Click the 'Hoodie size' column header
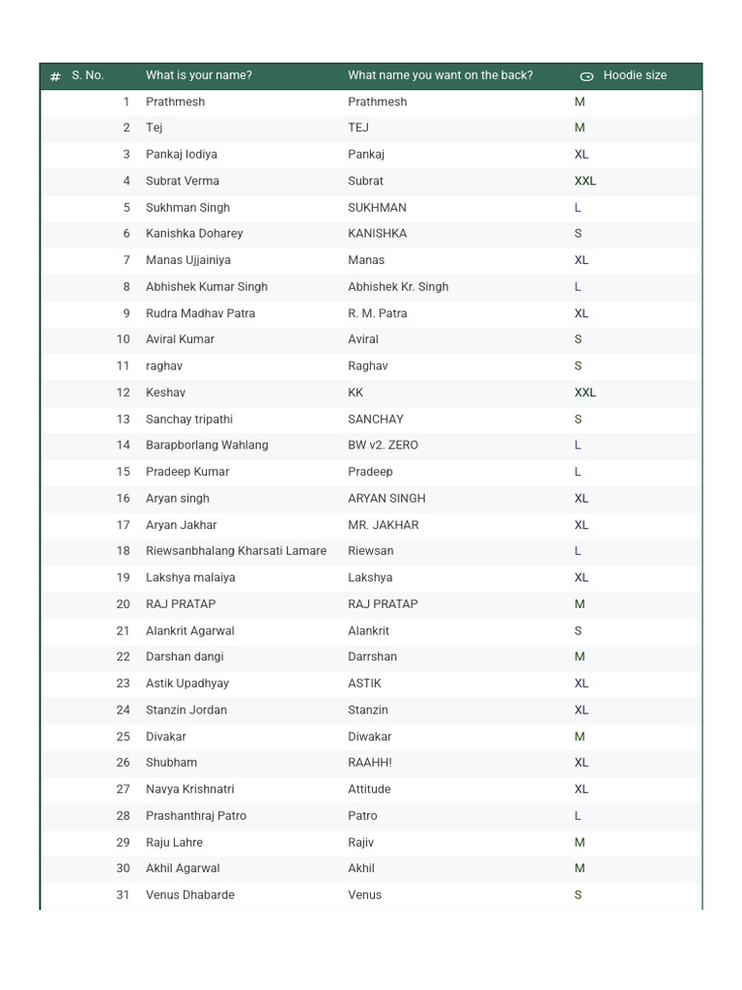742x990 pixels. click(x=634, y=75)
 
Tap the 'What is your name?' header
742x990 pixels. click(x=198, y=75)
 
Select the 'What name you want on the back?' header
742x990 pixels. click(x=440, y=75)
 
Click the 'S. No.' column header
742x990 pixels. click(x=87, y=75)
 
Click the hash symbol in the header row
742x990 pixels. click(x=55, y=76)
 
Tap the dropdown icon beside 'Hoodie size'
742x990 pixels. click(x=586, y=76)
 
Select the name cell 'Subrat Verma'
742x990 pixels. click(x=183, y=181)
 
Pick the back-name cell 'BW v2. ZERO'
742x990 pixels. click(x=383, y=446)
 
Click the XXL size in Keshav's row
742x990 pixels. click(x=585, y=393)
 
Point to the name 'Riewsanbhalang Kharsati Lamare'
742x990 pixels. click(x=236, y=551)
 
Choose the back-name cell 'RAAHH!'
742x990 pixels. click(x=370, y=763)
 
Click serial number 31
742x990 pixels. click(x=123, y=895)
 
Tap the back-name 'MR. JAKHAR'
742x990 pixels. click(x=383, y=525)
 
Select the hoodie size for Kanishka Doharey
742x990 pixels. click(x=578, y=234)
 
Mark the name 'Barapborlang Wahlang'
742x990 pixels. click(x=207, y=446)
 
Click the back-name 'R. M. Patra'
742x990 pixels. click(x=377, y=313)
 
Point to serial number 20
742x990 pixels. click(x=123, y=604)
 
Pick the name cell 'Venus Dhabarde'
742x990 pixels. click(x=190, y=895)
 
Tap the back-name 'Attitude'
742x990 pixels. click(x=369, y=789)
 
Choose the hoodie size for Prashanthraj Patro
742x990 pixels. click(x=578, y=816)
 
